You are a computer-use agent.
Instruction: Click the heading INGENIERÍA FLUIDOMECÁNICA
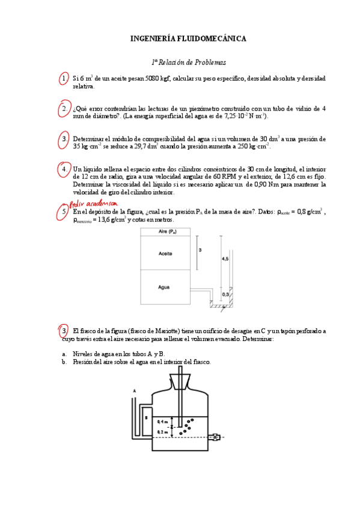click(188, 38)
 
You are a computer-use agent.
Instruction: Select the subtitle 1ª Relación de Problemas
click(189, 62)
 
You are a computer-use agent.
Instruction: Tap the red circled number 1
click(64, 79)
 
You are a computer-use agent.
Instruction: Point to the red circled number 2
click(64, 109)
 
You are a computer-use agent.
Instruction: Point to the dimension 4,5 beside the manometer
click(225, 259)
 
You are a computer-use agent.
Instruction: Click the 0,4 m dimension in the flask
click(162, 423)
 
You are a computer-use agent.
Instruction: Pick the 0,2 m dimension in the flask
click(162, 432)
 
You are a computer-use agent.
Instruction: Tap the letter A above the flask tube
click(133, 390)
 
